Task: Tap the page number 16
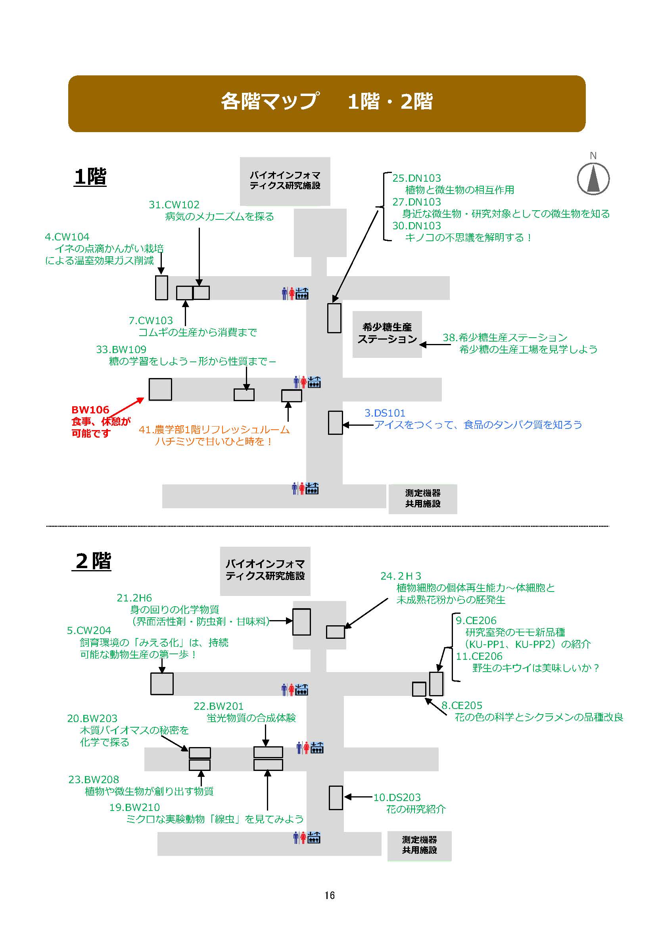[329, 895]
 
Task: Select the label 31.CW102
[174, 205]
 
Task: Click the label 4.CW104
[67, 237]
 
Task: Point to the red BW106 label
[90, 410]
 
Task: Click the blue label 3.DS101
[385, 413]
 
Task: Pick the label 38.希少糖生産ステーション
[505, 338]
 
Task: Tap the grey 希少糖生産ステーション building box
[387, 334]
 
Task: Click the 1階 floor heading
[90, 177]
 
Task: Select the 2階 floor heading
[92, 561]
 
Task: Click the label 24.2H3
[401, 576]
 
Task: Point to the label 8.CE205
[462, 706]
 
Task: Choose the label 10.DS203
[397, 797]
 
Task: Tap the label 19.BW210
[134, 807]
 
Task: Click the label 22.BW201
[219, 706]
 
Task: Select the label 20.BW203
[92, 718]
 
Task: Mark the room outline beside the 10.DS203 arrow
[336, 797]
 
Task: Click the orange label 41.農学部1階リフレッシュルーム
[214, 430]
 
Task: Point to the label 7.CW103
[151, 321]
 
